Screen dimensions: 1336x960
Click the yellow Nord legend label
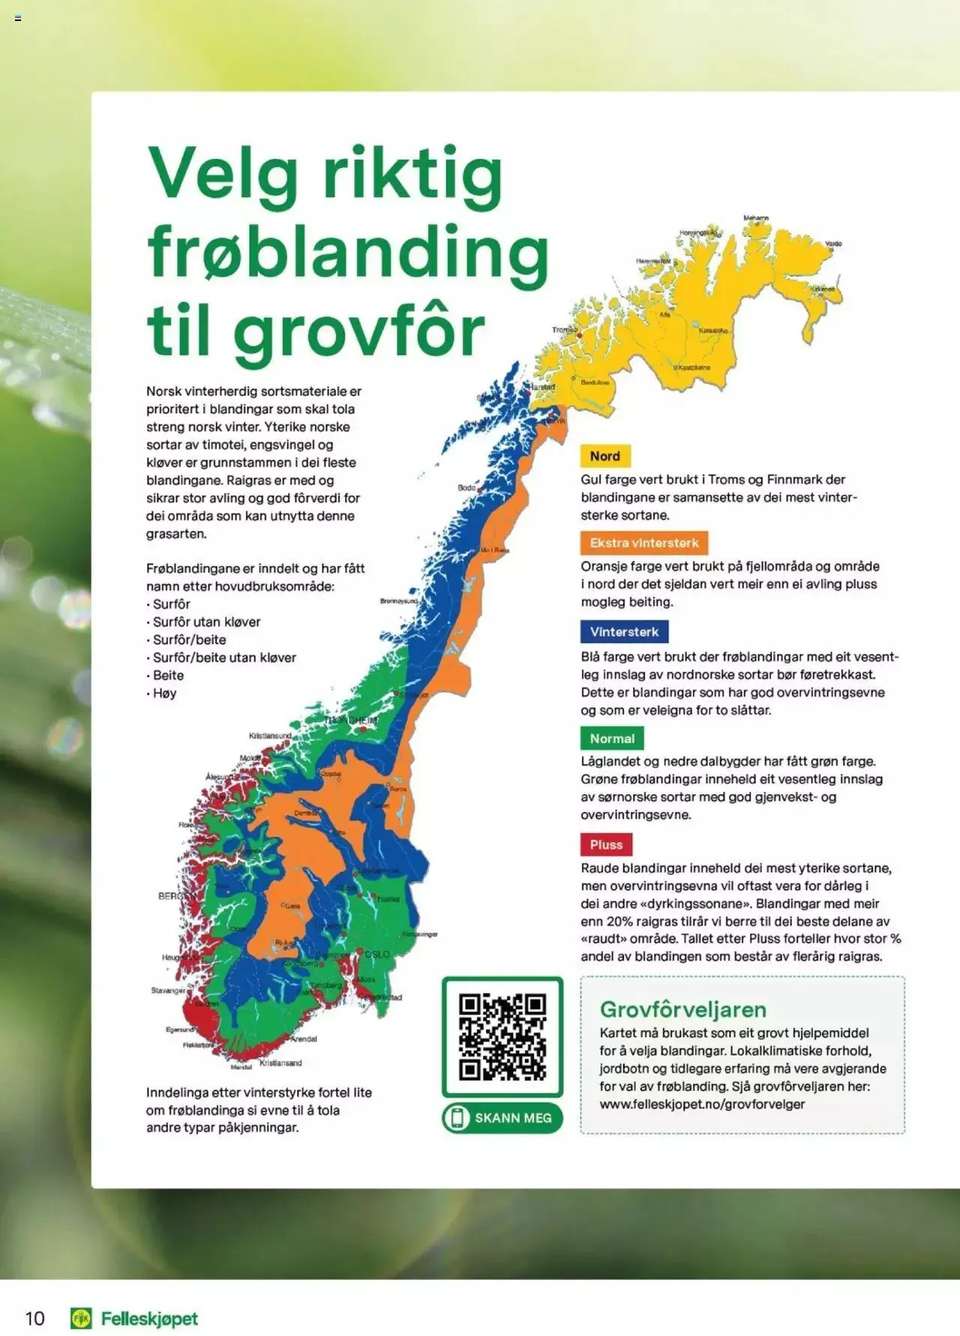[x=604, y=456]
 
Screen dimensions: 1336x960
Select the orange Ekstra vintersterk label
[x=643, y=543]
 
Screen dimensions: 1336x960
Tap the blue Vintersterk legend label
[x=624, y=631]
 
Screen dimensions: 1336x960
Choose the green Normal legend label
[x=612, y=738]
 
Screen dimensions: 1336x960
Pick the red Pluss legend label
[x=606, y=845]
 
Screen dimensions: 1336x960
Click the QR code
[x=502, y=1037]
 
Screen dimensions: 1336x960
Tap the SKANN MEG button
[x=502, y=1118]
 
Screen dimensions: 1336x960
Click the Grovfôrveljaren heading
[x=682, y=1009]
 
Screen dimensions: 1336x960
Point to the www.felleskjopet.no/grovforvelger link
[x=702, y=1104]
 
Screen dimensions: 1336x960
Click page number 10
[x=35, y=1319]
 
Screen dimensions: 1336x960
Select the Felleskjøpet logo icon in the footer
[x=81, y=1319]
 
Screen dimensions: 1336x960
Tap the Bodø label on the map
[x=466, y=488]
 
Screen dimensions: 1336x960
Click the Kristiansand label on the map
[x=280, y=1063]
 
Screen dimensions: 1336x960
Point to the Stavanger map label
[x=168, y=990]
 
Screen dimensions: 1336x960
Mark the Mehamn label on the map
[x=756, y=218]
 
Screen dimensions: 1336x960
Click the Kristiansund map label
[x=269, y=736]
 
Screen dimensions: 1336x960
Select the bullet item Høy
[x=164, y=693]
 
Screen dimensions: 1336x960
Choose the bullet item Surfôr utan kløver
[x=206, y=622]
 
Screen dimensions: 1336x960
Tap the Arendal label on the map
[x=304, y=1039]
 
